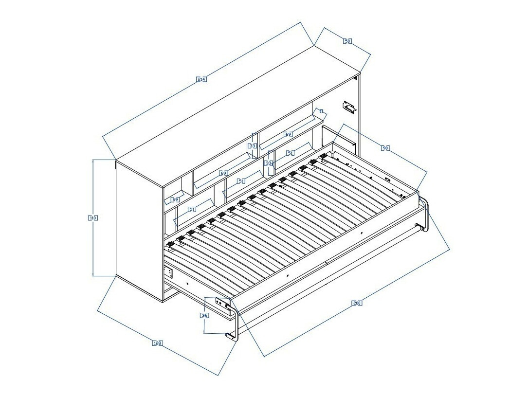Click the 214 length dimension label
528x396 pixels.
(x=201, y=79)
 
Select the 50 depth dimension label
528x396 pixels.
(x=347, y=41)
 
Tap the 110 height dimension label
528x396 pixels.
(x=93, y=218)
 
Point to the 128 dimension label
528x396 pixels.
(x=157, y=343)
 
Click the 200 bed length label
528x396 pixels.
(x=357, y=303)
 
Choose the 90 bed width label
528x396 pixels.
(x=385, y=148)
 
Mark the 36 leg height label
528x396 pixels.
(x=205, y=315)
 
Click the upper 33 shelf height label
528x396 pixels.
(x=252, y=145)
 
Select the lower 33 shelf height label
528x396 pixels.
(x=268, y=163)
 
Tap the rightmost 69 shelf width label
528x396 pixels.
(x=289, y=134)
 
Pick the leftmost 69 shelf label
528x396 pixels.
(x=175, y=199)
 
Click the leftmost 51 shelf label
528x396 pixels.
(x=192, y=209)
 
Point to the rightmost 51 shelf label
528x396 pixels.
(x=291, y=153)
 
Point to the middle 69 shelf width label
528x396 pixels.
(x=223, y=173)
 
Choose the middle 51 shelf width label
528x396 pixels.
(x=241, y=181)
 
